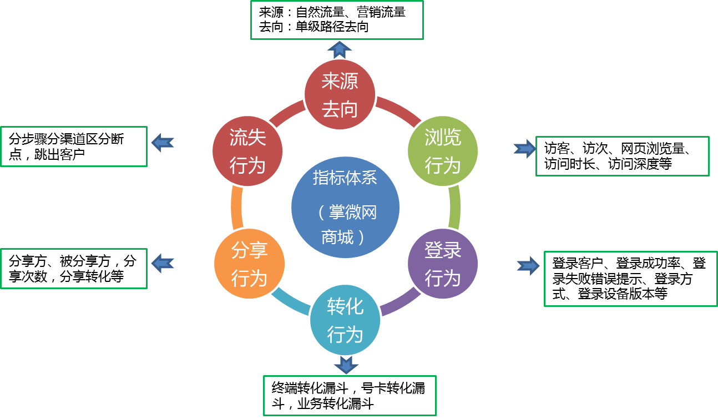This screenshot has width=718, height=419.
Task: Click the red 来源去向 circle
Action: tap(340, 95)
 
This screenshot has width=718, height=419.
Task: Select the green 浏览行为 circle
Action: tap(443, 151)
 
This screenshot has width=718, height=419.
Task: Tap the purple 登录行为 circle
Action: tap(443, 264)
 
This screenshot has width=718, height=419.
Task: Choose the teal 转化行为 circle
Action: tap(345, 321)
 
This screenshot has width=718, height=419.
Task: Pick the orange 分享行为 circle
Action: tap(249, 264)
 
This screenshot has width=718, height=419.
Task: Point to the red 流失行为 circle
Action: tap(247, 151)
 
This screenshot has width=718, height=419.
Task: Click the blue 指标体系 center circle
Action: tap(345, 207)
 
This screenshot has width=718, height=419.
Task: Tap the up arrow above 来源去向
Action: tap(340, 49)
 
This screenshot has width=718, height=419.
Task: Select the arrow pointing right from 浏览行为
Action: tap(524, 149)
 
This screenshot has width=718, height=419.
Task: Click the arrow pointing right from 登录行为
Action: tap(528, 266)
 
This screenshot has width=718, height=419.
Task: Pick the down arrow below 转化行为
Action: tap(346, 365)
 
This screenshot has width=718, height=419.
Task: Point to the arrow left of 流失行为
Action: tap(163, 143)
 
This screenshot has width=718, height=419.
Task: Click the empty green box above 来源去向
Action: tap(337, 20)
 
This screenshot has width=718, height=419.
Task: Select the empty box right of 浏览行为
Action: tap(622, 156)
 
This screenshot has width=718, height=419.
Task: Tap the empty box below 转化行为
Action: tap(350, 395)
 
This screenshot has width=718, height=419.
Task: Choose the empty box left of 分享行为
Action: tap(74, 269)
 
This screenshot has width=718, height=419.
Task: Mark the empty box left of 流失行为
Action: tap(74, 147)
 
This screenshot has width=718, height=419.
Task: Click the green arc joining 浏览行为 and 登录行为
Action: tap(454, 208)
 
